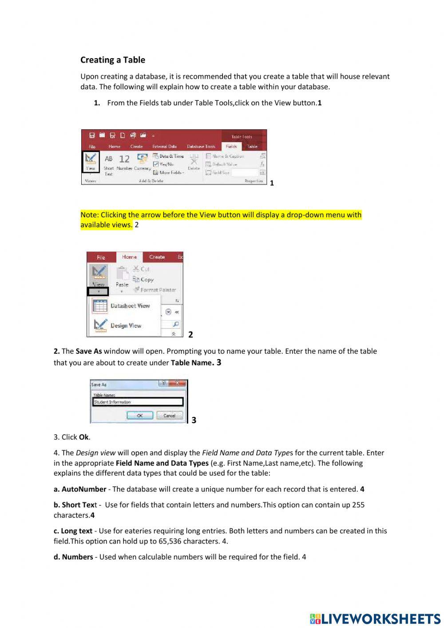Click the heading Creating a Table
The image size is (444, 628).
[113, 60]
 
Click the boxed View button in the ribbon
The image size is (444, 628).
[91, 162]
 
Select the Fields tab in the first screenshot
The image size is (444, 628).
[231, 146]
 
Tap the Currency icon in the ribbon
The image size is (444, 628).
[143, 162]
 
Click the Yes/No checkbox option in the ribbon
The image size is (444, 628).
[164, 164]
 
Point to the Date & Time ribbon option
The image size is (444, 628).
[168, 156]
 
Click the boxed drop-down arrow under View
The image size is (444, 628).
[98, 292]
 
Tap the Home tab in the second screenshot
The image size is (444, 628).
[129, 257]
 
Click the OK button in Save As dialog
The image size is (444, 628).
[139, 416]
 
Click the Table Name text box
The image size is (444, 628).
[138, 402]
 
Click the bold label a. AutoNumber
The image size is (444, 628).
[80, 489]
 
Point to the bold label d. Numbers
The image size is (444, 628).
[73, 557]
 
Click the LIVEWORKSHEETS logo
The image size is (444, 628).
[375, 619]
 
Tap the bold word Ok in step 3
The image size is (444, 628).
[84, 437]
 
